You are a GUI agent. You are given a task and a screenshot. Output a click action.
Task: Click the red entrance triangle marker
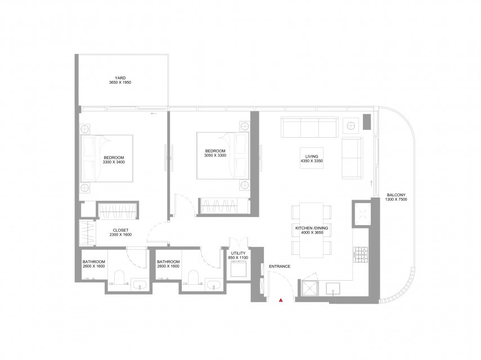280,300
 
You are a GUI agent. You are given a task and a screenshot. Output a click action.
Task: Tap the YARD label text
120,78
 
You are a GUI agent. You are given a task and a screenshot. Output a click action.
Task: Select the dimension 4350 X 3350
312,161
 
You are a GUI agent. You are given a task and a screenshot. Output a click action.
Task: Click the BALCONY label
396,195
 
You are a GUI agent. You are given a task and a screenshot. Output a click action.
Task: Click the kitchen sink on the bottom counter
332,289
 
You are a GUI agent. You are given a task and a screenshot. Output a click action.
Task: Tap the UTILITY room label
238,253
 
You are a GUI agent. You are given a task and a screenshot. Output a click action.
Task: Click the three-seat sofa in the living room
309,128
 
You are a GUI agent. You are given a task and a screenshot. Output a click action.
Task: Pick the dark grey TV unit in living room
367,121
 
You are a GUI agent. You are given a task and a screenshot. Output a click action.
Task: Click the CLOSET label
120,230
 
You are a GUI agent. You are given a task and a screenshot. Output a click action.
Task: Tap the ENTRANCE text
280,267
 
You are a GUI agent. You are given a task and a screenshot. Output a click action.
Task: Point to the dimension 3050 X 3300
215,155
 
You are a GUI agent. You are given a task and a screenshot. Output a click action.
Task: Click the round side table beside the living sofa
350,125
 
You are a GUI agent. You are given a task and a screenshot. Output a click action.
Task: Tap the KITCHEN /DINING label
312,228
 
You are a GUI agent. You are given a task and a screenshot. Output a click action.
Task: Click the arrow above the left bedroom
154,114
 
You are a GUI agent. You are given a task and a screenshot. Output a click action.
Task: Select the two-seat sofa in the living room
352,158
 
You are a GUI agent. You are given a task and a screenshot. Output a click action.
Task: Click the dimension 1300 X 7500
396,199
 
